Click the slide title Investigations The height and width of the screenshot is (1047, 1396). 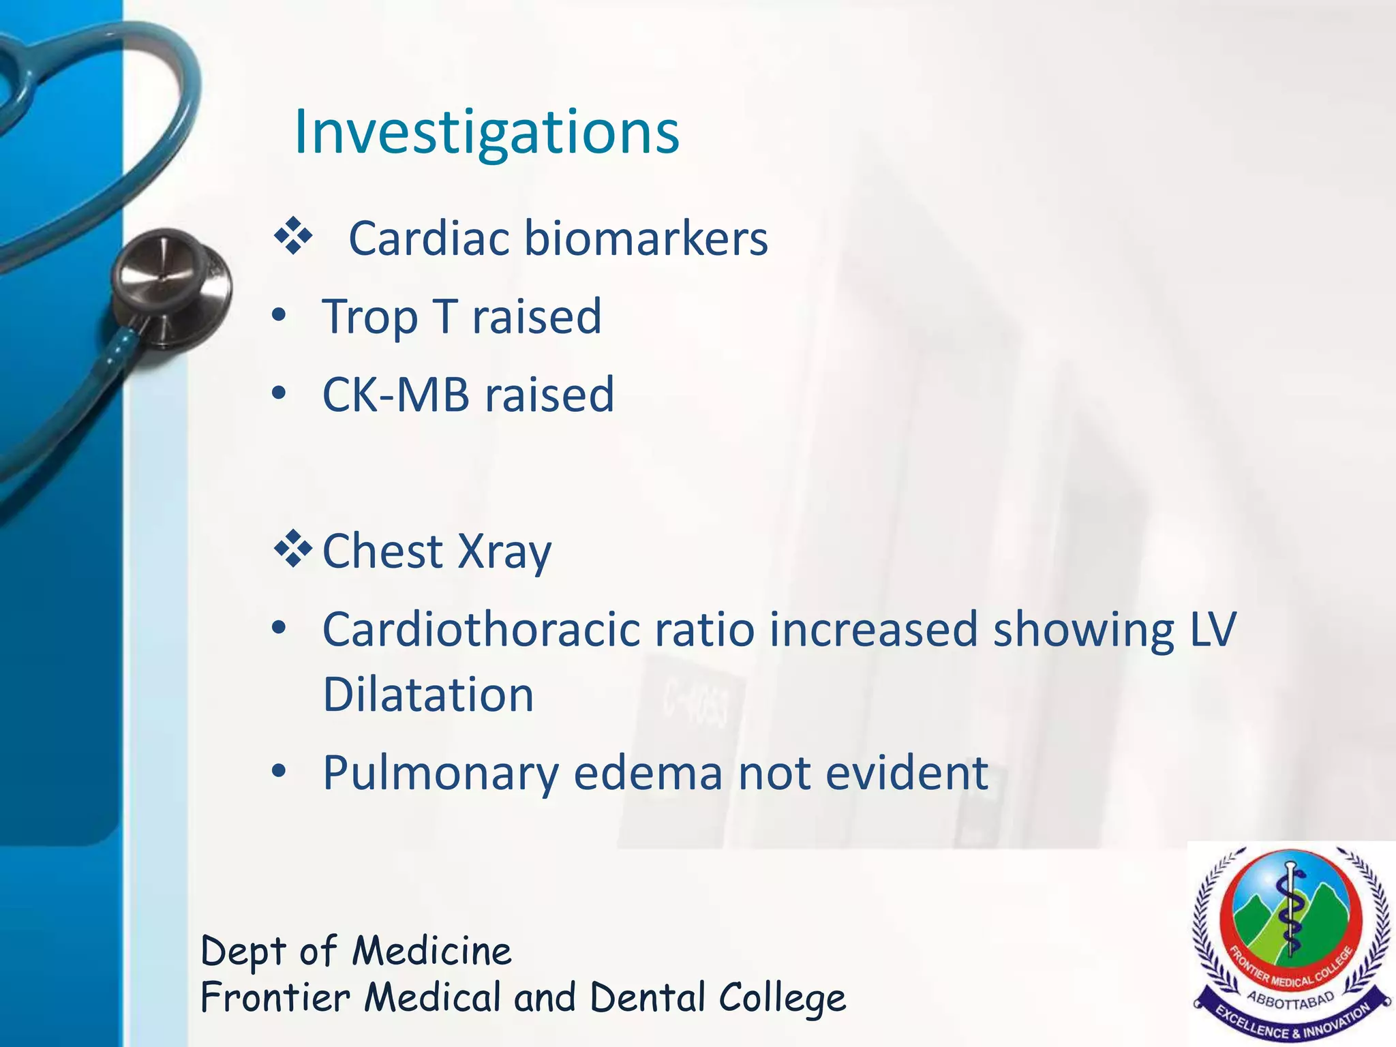click(486, 132)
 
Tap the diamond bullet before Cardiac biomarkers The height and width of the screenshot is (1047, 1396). click(293, 237)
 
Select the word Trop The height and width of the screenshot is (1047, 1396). click(369, 318)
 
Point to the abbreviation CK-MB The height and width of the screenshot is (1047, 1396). click(396, 395)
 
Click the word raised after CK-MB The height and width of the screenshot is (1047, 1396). click(549, 395)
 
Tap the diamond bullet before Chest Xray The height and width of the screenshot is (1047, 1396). click(293, 549)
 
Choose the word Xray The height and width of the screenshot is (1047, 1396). click(504, 552)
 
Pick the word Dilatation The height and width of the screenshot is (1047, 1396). click(428, 695)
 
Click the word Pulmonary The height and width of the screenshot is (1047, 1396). click(440, 774)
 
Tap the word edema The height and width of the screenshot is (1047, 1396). click(648, 773)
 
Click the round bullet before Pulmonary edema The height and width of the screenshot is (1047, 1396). click(278, 772)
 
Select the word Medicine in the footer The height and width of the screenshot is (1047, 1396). click(431, 951)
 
